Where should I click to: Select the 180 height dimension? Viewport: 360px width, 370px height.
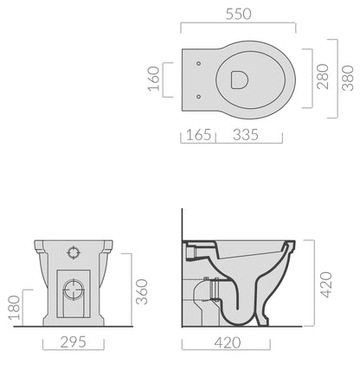12,306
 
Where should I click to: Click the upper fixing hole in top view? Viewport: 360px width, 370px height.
199,64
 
